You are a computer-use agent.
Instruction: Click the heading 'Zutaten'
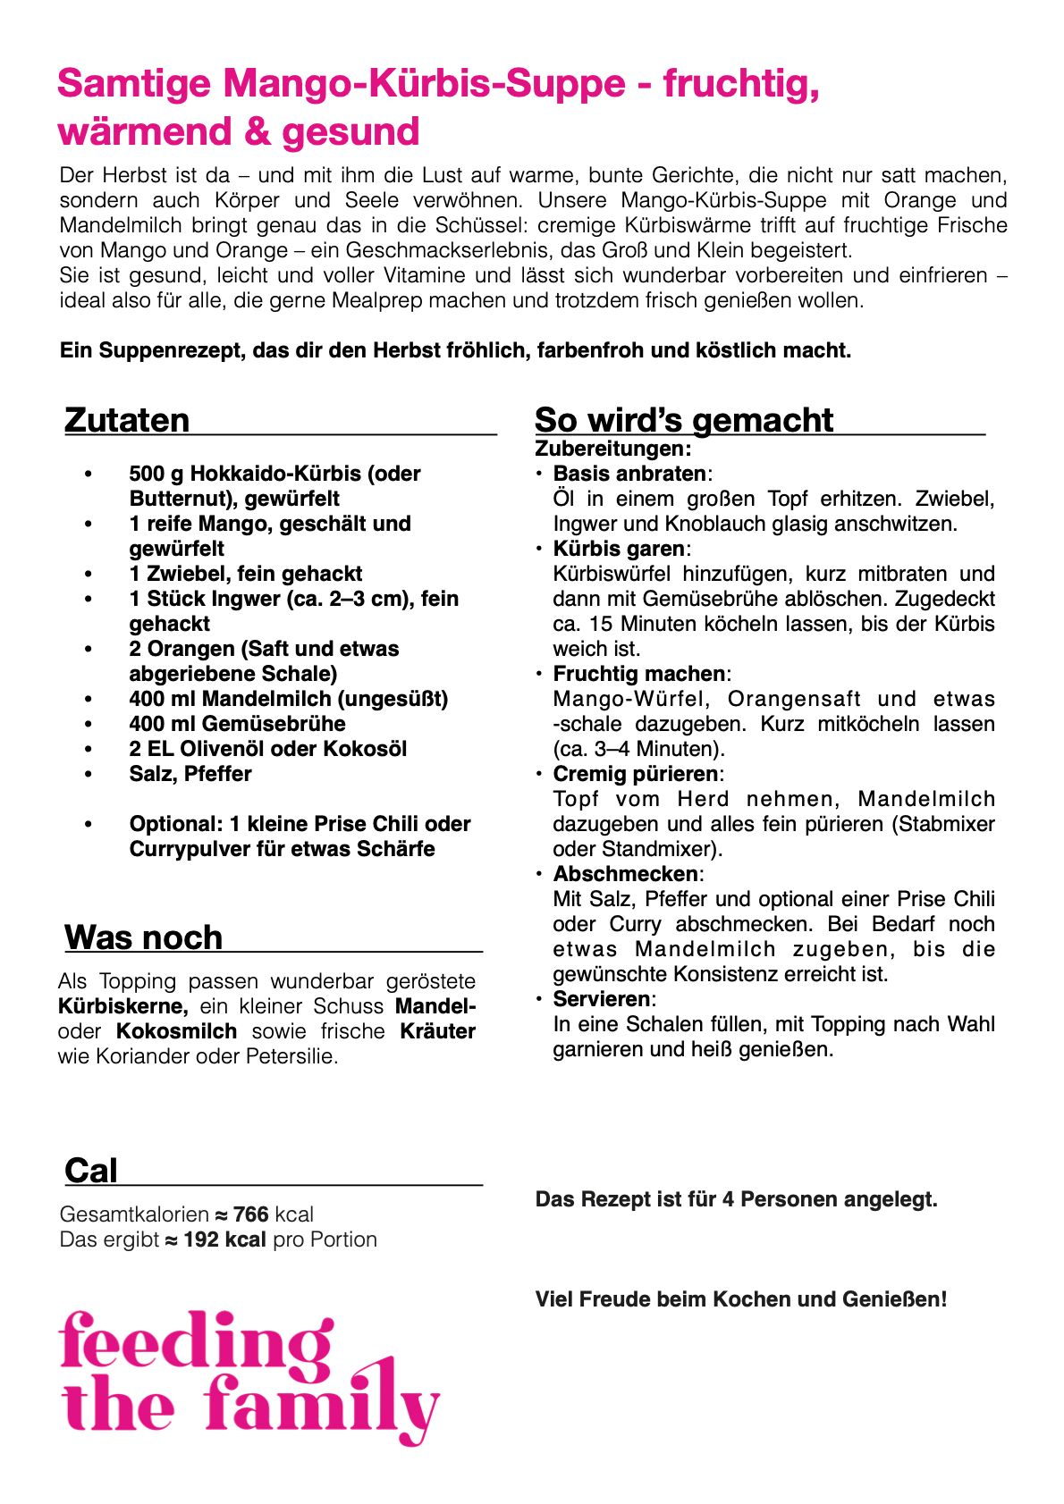point(127,420)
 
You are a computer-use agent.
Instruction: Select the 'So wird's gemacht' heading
point(684,420)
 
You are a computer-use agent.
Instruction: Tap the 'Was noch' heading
point(143,937)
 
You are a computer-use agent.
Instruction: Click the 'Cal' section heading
point(90,1171)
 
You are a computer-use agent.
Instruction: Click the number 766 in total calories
point(251,1214)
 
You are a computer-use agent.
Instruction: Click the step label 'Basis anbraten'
point(629,474)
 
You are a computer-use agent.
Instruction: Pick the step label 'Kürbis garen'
point(619,549)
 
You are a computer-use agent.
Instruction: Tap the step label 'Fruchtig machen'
point(638,674)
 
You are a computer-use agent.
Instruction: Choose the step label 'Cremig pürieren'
point(635,774)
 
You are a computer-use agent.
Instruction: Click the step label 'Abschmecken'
point(625,874)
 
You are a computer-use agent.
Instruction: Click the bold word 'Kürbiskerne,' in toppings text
point(123,1006)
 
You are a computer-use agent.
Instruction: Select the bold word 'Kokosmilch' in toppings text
point(176,1031)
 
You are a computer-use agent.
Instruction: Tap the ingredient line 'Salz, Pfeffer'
point(190,774)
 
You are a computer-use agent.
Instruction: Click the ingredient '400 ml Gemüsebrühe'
point(237,724)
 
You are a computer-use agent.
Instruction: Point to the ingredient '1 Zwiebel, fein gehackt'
point(245,574)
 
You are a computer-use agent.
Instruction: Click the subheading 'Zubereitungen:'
point(612,449)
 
